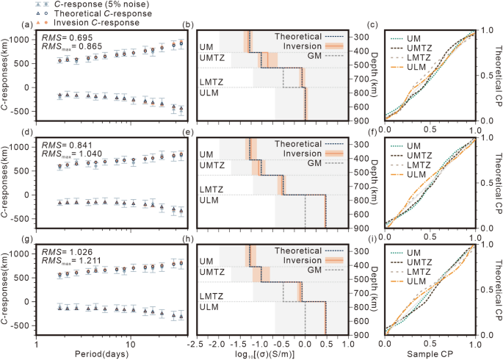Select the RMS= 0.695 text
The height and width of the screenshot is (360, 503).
(x=65, y=36)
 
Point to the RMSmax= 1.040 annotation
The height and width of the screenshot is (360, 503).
(x=72, y=154)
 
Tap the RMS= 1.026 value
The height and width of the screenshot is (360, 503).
(x=65, y=251)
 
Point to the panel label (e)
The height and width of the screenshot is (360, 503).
(x=188, y=134)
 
